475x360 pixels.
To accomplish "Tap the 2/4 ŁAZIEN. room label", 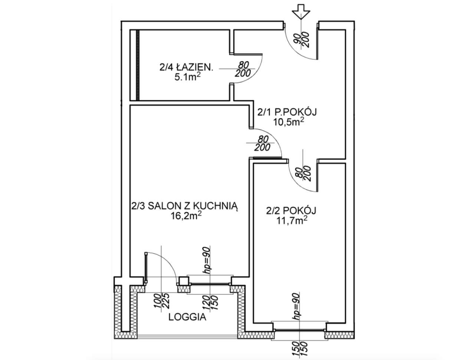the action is coord(186,68).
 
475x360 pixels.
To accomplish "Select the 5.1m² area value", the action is coord(186,77).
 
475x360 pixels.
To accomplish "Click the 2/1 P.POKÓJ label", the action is coord(287,112).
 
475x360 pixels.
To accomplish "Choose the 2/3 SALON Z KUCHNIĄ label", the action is coord(184,206).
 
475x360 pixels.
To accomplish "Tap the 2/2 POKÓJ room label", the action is coord(291,210).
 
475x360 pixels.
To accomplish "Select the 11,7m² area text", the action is coord(292,220).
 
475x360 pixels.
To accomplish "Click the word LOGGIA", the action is coord(187,317).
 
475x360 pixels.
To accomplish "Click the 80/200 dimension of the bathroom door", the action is coord(243,69).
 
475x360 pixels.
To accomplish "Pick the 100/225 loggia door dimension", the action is coord(161,301).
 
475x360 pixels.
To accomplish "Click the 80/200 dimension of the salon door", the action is coord(262,143).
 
